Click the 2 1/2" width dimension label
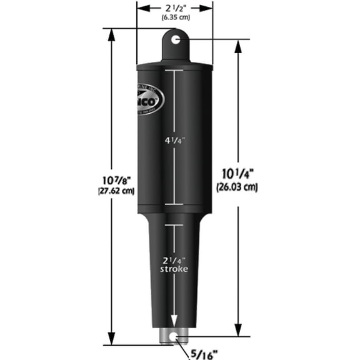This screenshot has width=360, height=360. point(174,7)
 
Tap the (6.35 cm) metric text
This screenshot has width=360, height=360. point(175,18)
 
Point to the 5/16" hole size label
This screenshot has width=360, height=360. point(204,352)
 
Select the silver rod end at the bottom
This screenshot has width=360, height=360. point(174,336)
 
